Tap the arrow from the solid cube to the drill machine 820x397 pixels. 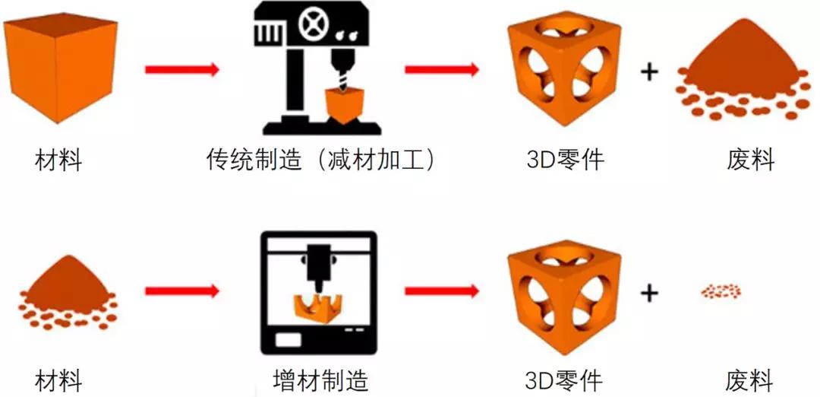182,69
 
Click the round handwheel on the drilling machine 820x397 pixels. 312,23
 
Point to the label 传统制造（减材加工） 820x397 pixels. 321,159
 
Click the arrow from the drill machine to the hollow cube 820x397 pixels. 442,69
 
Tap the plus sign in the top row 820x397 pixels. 649,71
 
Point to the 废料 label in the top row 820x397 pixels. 750,160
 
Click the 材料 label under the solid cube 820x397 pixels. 58,160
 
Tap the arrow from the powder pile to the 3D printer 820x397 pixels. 182,291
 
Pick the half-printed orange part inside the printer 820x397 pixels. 317,307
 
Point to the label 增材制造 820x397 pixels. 321,381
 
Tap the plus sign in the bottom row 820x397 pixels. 649,293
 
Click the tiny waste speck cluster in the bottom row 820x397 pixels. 721,291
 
